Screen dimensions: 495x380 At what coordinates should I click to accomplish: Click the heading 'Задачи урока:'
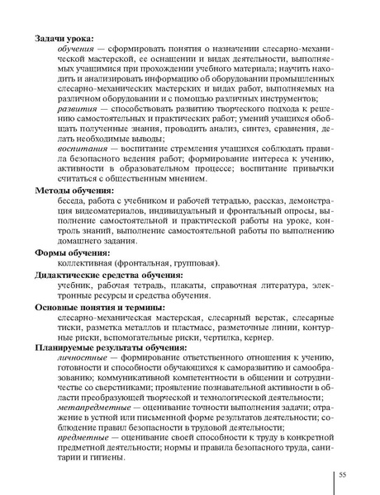coord(64,38)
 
